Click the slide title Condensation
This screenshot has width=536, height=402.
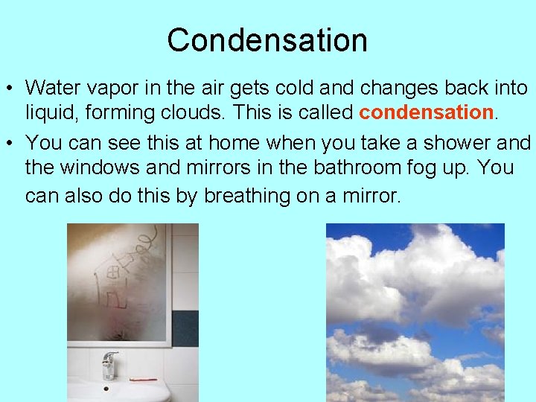coord(267,40)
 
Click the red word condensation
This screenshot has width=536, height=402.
coord(427,112)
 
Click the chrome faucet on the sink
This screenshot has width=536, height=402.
coord(109,366)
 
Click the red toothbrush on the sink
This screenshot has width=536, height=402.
coord(143,379)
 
